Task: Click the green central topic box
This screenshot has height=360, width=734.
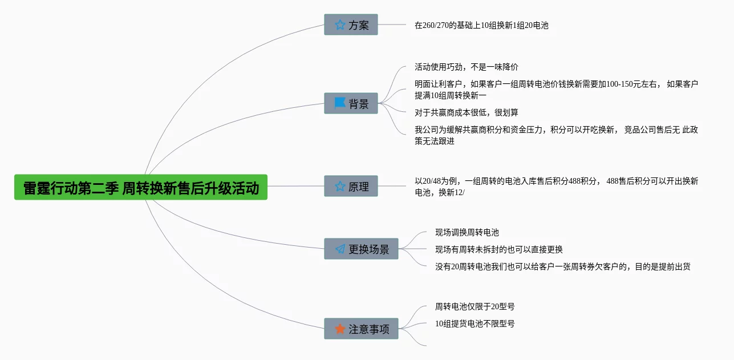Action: point(141,188)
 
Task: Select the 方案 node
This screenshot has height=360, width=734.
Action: point(351,25)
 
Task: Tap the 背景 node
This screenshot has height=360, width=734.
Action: point(351,104)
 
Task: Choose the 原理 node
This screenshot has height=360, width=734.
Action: point(351,186)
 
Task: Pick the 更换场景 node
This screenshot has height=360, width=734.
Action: point(361,249)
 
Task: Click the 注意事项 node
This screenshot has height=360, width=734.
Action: point(361,329)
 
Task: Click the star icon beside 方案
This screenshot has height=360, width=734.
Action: point(340,25)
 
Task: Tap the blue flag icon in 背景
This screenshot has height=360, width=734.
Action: point(340,103)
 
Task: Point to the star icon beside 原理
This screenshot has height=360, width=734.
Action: point(340,186)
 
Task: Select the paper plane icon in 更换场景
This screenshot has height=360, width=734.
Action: point(340,249)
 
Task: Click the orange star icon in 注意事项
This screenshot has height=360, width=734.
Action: point(340,329)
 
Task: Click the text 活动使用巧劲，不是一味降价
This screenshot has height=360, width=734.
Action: point(466,67)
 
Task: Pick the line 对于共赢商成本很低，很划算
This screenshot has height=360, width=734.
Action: point(466,112)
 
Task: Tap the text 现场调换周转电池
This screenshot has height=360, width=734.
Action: point(467,232)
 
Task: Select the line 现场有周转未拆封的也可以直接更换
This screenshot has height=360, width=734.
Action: point(499,249)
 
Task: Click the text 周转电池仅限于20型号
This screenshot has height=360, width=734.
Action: point(475,306)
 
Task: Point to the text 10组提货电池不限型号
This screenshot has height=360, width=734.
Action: point(475,323)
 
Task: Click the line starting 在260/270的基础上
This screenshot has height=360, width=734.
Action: point(481,25)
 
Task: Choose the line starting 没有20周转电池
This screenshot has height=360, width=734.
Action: point(562,266)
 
